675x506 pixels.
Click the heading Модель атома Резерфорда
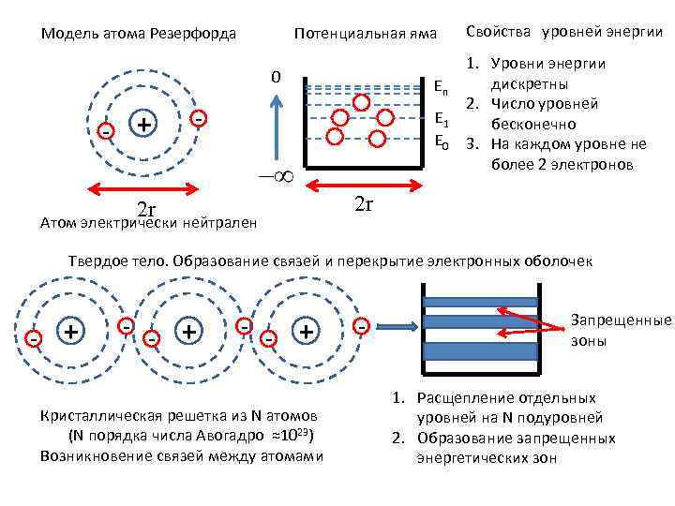point(138,35)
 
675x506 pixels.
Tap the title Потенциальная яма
point(366,35)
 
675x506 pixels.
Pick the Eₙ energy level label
point(441,86)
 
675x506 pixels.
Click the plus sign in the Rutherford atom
point(143,125)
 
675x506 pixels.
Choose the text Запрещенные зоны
point(622,330)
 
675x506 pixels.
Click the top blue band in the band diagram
point(481,302)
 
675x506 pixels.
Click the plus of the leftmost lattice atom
point(69,330)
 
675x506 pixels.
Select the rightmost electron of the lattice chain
point(361,327)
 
